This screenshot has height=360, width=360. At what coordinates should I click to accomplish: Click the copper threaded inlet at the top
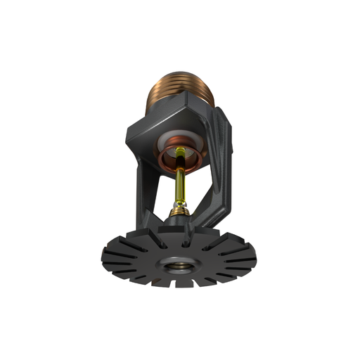[180, 88]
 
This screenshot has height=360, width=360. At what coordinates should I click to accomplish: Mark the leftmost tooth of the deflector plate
[105, 257]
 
